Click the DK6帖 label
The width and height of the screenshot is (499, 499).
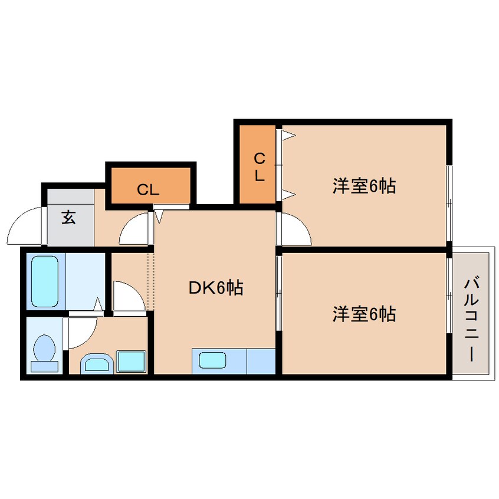(x=216, y=288)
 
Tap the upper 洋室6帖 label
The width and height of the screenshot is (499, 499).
(x=365, y=186)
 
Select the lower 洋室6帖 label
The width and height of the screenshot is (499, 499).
(x=365, y=314)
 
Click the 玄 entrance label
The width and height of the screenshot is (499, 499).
(x=69, y=218)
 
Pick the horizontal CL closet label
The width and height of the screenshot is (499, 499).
(x=148, y=190)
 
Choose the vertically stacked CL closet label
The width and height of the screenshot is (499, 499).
(x=260, y=167)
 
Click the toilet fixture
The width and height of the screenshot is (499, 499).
(x=45, y=353)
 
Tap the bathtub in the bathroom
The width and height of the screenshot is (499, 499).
(x=45, y=281)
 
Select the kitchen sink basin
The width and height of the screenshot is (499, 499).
(x=212, y=360)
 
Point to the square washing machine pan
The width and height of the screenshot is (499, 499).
(x=131, y=361)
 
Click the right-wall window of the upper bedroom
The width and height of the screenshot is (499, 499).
(x=449, y=203)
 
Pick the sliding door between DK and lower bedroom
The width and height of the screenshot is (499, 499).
(x=279, y=293)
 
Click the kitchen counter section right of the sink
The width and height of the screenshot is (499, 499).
(x=261, y=361)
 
